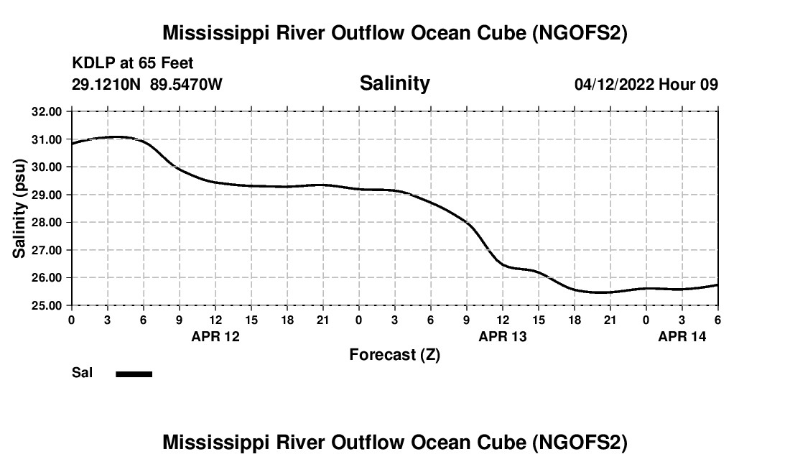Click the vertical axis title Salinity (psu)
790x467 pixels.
pos(20,208)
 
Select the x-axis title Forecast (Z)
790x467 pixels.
pos(394,355)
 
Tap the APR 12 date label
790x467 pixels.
pos(215,336)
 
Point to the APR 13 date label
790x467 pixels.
pos(503,336)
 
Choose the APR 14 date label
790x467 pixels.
pos(682,336)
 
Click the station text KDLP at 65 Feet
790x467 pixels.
pos(132,65)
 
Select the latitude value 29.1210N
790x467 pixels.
pos(107,84)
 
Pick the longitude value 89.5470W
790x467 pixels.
pos(186,84)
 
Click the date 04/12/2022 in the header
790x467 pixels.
pos(614,84)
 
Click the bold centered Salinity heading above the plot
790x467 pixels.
pos(394,83)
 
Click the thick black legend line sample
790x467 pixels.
pos(134,374)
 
